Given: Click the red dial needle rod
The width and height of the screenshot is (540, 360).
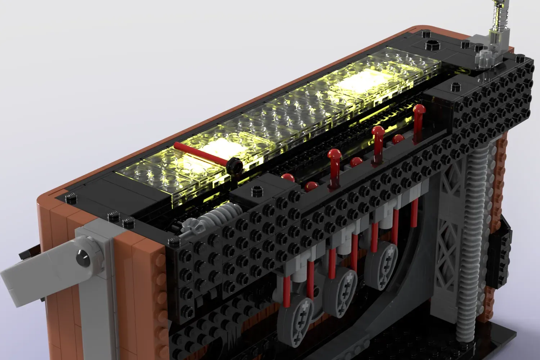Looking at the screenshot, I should tap(202, 153).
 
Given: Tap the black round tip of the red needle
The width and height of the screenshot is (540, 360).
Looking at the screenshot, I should tap(235, 165).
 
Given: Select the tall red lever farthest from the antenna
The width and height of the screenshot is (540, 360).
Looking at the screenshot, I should tap(334, 162).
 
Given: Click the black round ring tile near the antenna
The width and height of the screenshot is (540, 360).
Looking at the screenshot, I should tap(432, 46).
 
